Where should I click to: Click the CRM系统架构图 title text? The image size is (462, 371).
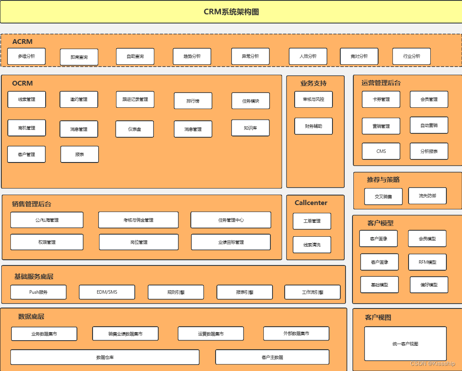(231, 12)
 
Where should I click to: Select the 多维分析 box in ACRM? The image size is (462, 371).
(27, 56)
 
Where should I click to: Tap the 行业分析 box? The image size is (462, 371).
(412, 56)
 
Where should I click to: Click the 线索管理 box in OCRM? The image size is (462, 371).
(27, 99)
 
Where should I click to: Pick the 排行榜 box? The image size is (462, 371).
(193, 101)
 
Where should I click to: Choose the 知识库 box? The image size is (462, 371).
(250, 128)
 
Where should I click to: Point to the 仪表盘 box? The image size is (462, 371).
(135, 129)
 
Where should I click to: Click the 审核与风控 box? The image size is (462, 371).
(313, 99)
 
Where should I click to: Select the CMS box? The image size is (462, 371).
(381, 151)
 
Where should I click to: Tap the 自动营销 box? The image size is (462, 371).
(429, 125)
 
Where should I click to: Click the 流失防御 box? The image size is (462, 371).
(427, 196)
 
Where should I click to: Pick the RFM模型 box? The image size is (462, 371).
(427, 262)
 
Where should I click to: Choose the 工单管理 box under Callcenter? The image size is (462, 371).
(312, 221)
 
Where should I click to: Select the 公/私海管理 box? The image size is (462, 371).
(47, 220)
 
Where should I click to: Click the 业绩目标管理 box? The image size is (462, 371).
(231, 242)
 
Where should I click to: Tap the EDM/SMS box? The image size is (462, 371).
(107, 292)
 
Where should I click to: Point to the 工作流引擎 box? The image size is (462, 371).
(312, 292)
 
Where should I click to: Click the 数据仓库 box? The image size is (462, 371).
(105, 357)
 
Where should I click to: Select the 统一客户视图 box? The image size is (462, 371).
(405, 344)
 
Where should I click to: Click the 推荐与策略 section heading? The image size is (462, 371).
(383, 179)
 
